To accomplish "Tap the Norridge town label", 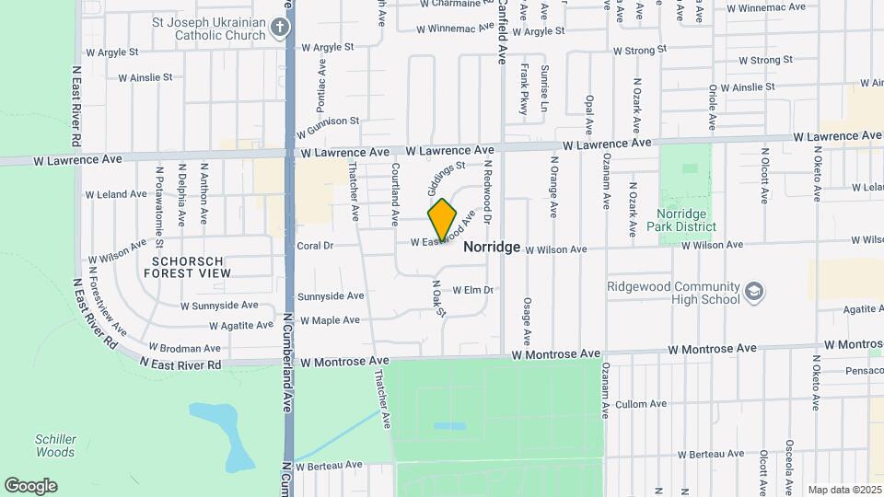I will pyautogui.click(x=492, y=248).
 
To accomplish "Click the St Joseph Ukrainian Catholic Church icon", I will pyautogui.click(x=282, y=28).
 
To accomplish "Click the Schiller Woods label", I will pyautogui.click(x=55, y=445).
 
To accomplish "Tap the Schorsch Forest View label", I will pyautogui.click(x=186, y=267).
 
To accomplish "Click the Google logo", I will pyautogui.click(x=30, y=486).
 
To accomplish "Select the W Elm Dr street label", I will pyautogui.click(x=473, y=291).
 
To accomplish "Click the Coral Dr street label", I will pyautogui.click(x=315, y=246).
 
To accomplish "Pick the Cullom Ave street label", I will pyautogui.click(x=640, y=404).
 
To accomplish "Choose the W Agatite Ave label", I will pyautogui.click(x=241, y=325).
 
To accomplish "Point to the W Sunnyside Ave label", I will pyautogui.click(x=219, y=305).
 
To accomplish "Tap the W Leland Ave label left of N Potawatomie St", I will pyautogui.click(x=116, y=194).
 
